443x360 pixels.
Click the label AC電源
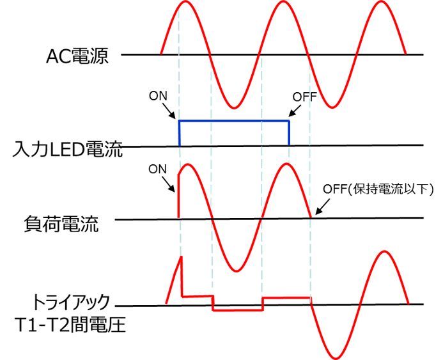pyautogui.click(x=77, y=56)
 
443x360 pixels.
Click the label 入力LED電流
pyautogui.click(x=68, y=149)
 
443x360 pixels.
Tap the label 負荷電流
pyautogui.click(x=61, y=224)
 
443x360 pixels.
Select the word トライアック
pyautogui.click(x=71, y=302)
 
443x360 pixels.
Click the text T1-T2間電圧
pyautogui.click(x=70, y=324)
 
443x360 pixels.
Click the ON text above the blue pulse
pyautogui.click(x=158, y=96)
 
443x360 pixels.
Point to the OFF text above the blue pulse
pyautogui.click(x=304, y=97)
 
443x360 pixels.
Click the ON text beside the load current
pyautogui.click(x=158, y=169)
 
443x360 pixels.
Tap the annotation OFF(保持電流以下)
pyautogui.click(x=378, y=189)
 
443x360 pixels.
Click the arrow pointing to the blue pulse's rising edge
pyautogui.click(x=169, y=112)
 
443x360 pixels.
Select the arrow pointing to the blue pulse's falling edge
pyautogui.click(x=295, y=111)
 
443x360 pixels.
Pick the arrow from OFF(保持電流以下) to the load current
pyautogui.click(x=322, y=207)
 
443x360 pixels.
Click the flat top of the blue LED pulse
pyautogui.click(x=234, y=121)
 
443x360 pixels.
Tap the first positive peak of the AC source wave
pyautogui.click(x=185, y=2)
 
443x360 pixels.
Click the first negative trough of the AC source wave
pyautogui.click(x=234, y=107)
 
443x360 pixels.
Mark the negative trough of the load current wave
pyautogui.click(x=237, y=271)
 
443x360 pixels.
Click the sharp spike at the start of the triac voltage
pyautogui.click(x=182, y=256)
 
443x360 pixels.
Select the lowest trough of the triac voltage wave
pyautogui.click(x=336, y=358)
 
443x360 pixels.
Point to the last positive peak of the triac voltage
pyautogui.click(x=384, y=251)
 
